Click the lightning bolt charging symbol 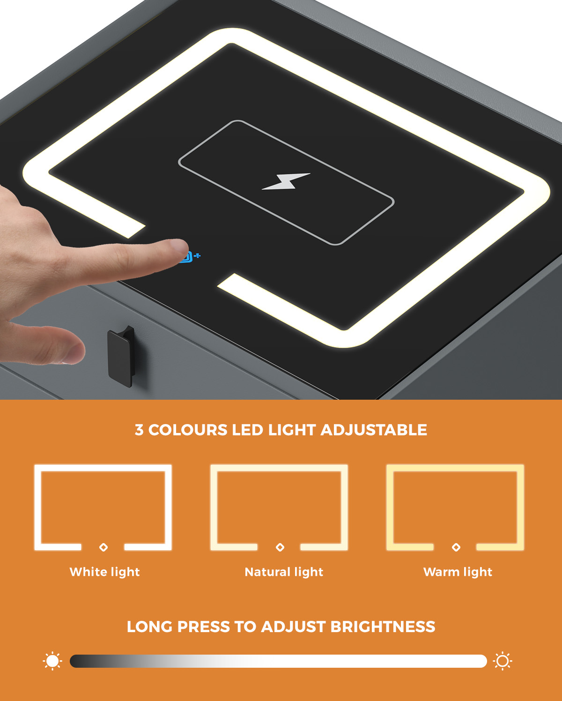(286, 181)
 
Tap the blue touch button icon (191, 257)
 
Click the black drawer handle (121, 357)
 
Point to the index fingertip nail (180, 247)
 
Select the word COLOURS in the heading (187, 430)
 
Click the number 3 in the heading (139, 430)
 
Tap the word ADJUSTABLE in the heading (373, 430)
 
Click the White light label (104, 572)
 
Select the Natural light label (284, 572)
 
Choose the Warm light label (458, 572)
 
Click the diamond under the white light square (104, 547)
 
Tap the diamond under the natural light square (280, 547)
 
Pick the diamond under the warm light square (456, 547)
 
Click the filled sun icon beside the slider (52, 661)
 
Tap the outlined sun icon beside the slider (503, 661)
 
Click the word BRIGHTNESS (383, 627)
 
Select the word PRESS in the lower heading (204, 627)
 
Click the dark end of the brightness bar (75, 661)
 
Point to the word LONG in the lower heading (149, 627)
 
